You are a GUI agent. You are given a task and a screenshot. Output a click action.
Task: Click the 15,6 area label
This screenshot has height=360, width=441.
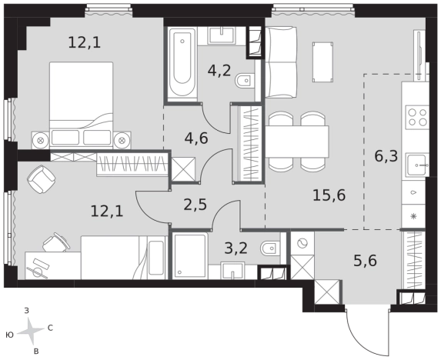tap(329, 195)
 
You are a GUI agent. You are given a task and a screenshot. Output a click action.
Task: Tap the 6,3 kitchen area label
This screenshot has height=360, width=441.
tap(386, 156)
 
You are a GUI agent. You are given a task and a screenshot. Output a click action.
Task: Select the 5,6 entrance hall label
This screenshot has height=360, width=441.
tap(365, 261)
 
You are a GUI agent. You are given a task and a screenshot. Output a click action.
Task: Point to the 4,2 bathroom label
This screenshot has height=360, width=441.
tap(219, 70)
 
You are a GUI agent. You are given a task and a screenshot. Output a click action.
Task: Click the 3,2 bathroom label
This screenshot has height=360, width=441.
tap(236, 248)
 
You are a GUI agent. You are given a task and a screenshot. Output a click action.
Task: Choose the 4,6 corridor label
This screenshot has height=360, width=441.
tap(196, 138)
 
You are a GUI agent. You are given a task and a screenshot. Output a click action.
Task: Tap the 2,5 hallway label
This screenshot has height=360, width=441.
tap(195, 205)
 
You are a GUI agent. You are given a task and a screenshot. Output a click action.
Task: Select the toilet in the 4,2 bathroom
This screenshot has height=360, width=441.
tap(245, 81)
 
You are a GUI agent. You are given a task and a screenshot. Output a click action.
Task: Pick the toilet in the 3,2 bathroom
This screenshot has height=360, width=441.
tap(270, 248)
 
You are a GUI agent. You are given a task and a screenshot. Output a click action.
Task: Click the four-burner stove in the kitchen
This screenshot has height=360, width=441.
tap(417, 117)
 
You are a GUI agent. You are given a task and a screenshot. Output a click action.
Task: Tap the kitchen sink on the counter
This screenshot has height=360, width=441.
tap(417, 165)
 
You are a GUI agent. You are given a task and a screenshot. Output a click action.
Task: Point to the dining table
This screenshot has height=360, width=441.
tap(297, 142)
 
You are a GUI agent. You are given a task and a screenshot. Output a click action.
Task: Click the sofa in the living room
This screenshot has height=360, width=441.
tap(281, 62)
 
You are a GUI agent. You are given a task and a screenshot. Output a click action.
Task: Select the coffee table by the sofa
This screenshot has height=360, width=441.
tap(323, 62)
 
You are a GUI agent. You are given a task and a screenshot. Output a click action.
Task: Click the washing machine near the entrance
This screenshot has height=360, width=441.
tap(302, 243)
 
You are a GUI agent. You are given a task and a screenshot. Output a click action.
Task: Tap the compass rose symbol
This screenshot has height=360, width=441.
tap(31, 331)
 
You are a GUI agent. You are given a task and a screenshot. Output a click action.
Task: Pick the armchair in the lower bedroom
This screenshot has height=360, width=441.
tap(42, 179)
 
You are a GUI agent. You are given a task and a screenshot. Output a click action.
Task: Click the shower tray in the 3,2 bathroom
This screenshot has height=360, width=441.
tap(190, 255)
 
